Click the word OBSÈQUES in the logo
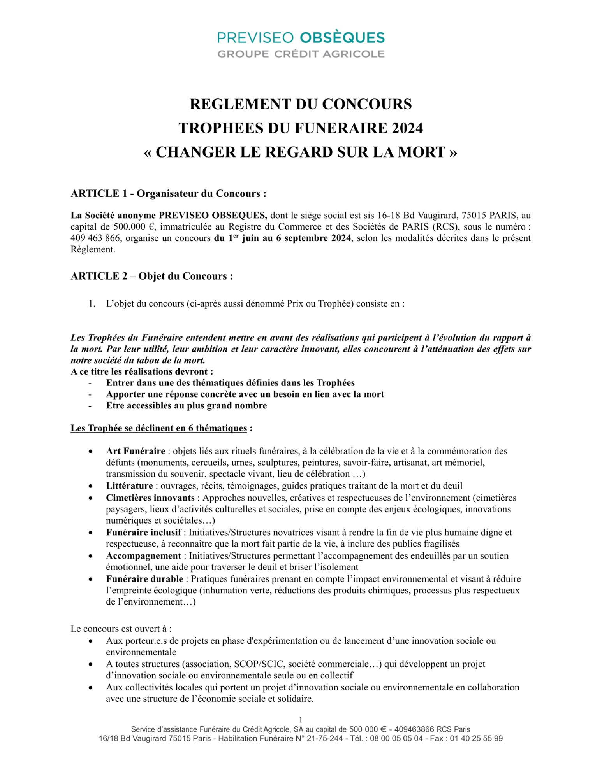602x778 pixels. coord(343,38)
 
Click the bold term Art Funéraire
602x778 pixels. coord(136,451)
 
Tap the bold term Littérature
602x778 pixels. coord(129,486)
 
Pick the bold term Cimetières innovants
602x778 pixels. coord(150,498)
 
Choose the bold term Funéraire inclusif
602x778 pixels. coord(143,533)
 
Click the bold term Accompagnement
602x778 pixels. coord(143,556)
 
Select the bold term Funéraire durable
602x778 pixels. coord(144,579)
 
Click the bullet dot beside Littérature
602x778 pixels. coord(91,486)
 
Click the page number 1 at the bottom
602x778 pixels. coord(300,720)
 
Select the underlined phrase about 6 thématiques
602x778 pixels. coord(158,428)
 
